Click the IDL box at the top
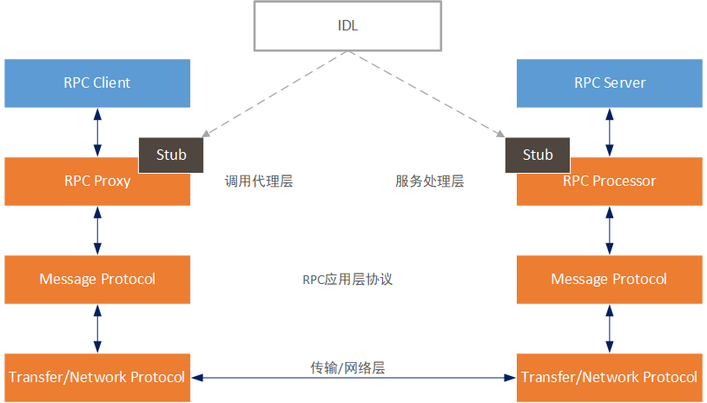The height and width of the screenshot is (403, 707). coord(348,25)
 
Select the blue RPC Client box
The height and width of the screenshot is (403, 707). coord(97,83)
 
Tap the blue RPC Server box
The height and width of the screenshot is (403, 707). coord(609,83)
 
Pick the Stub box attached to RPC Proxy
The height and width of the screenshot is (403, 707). coord(172,155)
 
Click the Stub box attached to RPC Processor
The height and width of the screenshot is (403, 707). coord(538,155)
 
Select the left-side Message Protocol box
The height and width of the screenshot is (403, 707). coord(97,279)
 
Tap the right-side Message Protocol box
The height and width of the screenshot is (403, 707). coord(609,279)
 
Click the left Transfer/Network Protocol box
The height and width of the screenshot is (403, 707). coord(97,377)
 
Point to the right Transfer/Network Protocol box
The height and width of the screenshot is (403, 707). coord(609,377)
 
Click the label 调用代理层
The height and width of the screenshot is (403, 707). coord(259,182)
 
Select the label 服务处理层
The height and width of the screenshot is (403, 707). coord(429,182)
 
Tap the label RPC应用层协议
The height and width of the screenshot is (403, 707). coord(348,280)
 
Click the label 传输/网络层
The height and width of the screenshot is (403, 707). coord(347,367)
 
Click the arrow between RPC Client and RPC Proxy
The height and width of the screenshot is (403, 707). coord(97,132)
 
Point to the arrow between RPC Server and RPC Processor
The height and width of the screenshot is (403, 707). coord(609,132)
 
